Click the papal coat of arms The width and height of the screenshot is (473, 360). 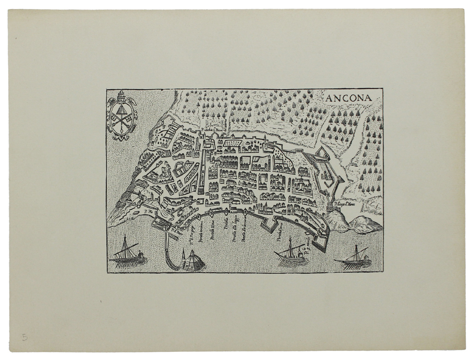click(121, 116)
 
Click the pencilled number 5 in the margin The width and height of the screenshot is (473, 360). click(25, 337)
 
